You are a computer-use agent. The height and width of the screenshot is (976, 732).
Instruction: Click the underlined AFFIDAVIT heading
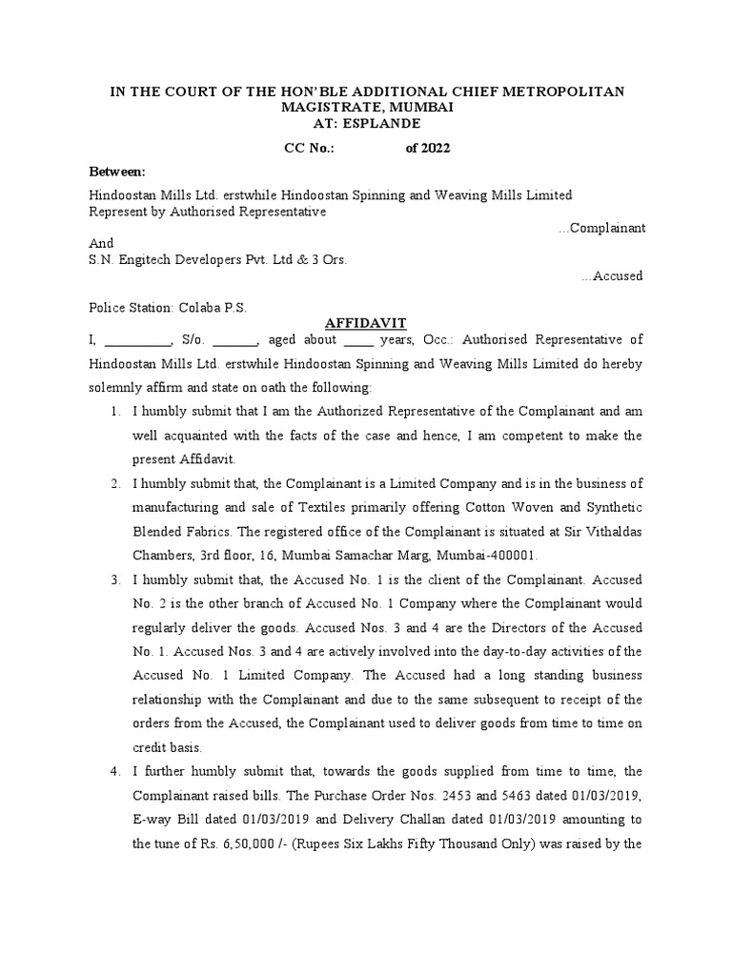coord(366,324)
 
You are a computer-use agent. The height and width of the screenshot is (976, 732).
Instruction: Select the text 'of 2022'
coord(428,148)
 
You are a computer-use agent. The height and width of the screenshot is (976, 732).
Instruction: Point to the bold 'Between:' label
coord(117,172)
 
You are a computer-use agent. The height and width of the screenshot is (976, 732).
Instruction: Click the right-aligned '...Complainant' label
coord(601,228)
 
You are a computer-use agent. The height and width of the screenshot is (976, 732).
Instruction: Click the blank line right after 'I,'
coord(136,340)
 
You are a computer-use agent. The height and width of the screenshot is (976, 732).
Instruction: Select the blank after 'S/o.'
coord(234,340)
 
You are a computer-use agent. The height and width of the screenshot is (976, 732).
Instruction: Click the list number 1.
coord(113,411)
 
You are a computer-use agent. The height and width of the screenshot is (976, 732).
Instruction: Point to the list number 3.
coord(113,579)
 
